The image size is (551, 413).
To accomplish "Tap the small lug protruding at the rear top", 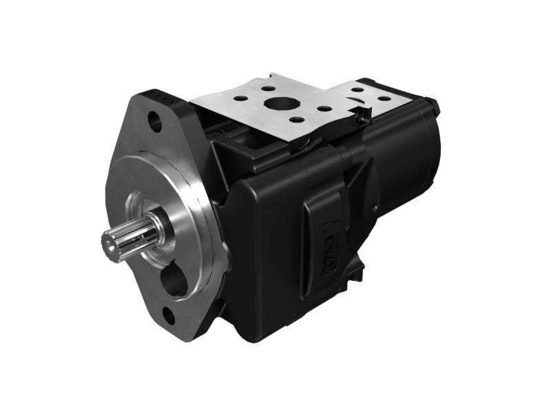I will click(x=435, y=105).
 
